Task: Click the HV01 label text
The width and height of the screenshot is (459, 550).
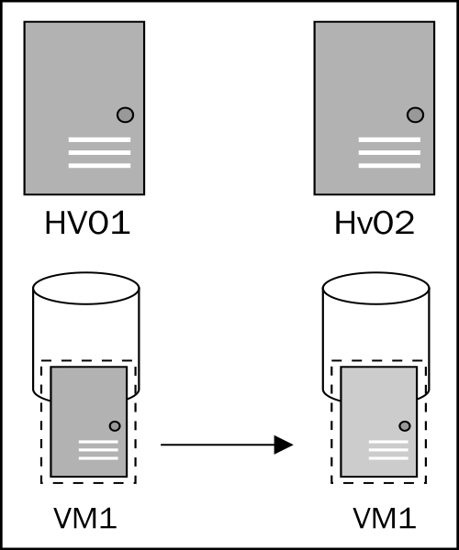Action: pyautogui.click(x=87, y=223)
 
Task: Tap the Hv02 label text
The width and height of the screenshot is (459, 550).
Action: pyautogui.click(x=375, y=223)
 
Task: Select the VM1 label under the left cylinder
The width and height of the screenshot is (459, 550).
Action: pyautogui.click(x=85, y=519)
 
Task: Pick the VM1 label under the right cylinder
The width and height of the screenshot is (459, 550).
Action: pyautogui.click(x=385, y=519)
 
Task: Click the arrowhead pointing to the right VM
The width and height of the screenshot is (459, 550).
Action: pyautogui.click(x=284, y=445)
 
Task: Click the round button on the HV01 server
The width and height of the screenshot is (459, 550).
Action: pyautogui.click(x=126, y=115)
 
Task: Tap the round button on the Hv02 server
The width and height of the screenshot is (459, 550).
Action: pyautogui.click(x=416, y=115)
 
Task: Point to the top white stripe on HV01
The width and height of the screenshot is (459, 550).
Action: pyautogui.click(x=99, y=139)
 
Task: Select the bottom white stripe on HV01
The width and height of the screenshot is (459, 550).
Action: pyautogui.click(x=99, y=166)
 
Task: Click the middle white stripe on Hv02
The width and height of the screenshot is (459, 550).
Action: pyautogui.click(x=389, y=152)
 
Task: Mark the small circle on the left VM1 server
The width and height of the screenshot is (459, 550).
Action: pyautogui.click(x=115, y=426)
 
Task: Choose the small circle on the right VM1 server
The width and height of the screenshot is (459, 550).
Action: pyautogui.click(x=405, y=426)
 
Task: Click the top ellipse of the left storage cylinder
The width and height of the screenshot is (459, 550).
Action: pyautogui.click(x=86, y=288)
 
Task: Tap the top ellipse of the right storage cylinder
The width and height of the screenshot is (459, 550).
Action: pyautogui.click(x=376, y=288)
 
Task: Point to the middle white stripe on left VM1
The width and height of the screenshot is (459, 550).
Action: pyautogui.click(x=98, y=450)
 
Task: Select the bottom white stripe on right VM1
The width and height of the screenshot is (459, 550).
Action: pyautogui.click(x=388, y=458)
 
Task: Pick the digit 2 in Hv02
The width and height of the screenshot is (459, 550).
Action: pyautogui.click(x=405, y=223)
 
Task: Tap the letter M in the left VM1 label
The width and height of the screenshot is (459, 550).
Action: pyautogui.click(x=85, y=519)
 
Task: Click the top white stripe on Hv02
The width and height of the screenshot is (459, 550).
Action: pyautogui.click(x=389, y=139)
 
